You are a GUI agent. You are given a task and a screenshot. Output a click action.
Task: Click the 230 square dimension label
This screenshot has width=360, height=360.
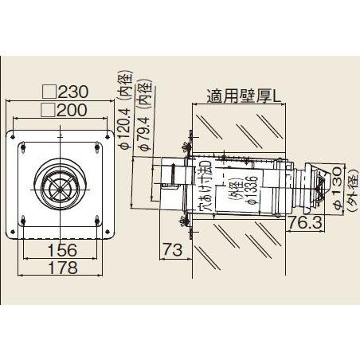coord(76,92)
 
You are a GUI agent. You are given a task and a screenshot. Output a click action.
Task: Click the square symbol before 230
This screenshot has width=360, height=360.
coord(48,92)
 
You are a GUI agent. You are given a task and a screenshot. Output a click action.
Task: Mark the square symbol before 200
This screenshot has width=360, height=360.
coord(48,109)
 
